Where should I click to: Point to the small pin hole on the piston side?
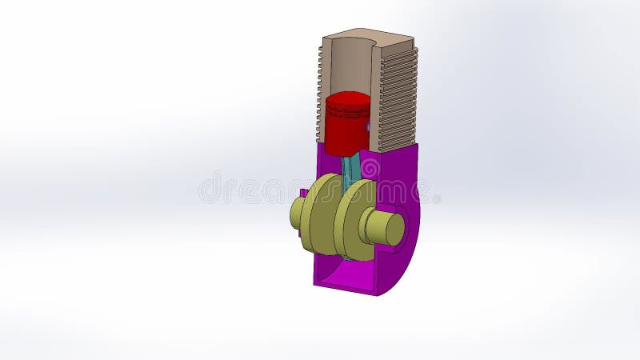(x=367, y=126)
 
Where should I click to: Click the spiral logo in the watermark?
(x=370, y=169)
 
